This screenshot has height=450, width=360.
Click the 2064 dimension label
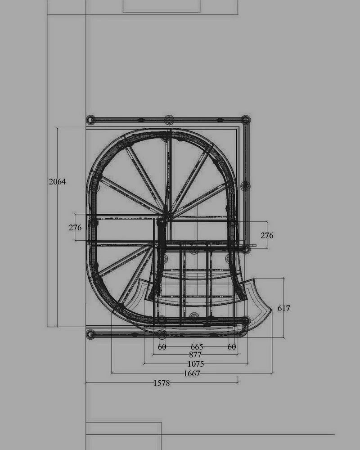point(57,182)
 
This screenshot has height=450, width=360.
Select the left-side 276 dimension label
point(75,228)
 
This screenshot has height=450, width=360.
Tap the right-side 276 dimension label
point(267,235)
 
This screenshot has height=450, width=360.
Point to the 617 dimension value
point(284,308)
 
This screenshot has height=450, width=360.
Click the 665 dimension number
point(197,346)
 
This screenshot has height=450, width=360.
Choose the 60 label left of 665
point(162,346)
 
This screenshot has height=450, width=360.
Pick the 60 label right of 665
point(232,346)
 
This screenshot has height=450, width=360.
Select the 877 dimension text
point(195,355)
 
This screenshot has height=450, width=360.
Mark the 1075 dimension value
point(196,364)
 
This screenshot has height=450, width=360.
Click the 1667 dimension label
point(192,373)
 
